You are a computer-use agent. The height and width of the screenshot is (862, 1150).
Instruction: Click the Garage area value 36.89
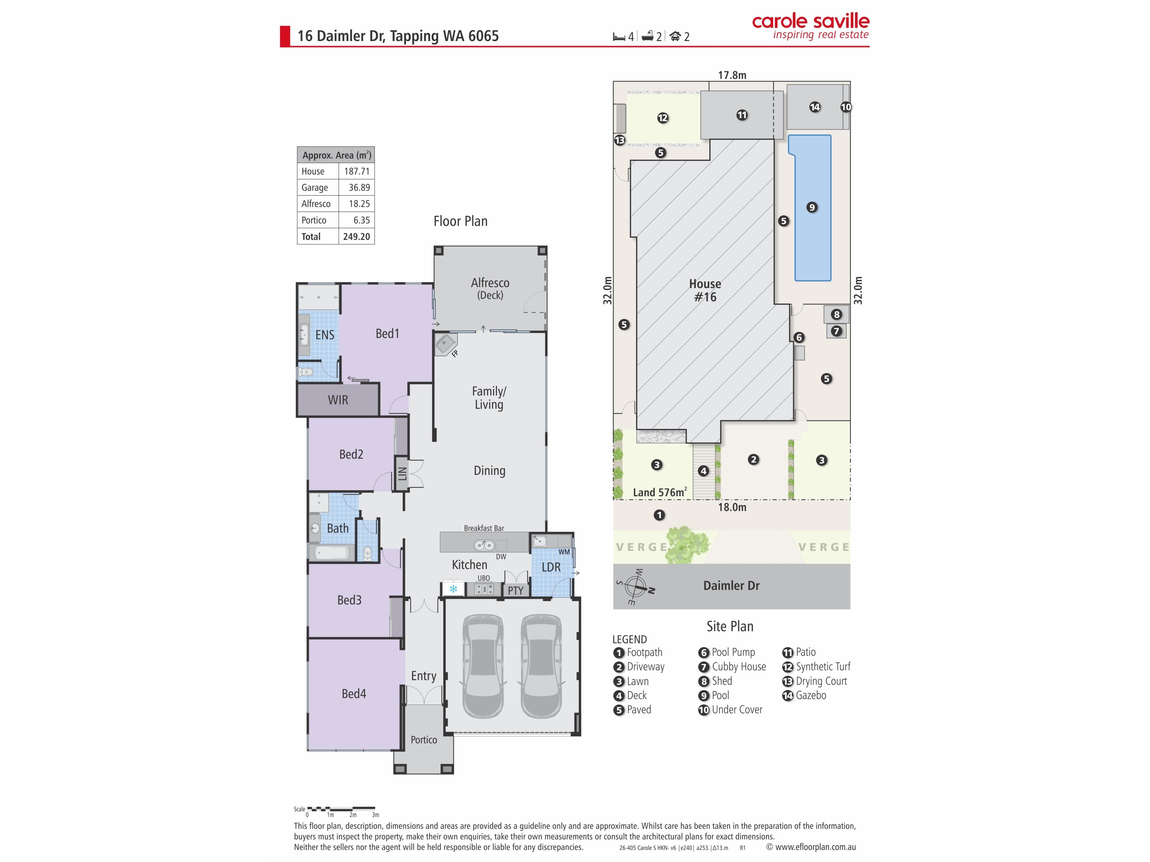[x=359, y=188]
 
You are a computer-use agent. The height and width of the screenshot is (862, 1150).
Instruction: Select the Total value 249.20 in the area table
[x=357, y=236]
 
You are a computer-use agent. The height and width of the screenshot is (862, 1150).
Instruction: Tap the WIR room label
[x=338, y=400]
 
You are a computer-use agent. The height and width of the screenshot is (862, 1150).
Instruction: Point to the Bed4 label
[x=354, y=694]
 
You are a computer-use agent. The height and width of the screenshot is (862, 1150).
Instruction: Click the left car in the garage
[x=483, y=666]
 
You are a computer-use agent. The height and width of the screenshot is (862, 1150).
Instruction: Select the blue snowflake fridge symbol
[x=453, y=589]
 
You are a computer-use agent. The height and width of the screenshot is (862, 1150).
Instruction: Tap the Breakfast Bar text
[x=484, y=528]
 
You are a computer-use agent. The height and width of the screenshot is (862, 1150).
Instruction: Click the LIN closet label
[x=402, y=473]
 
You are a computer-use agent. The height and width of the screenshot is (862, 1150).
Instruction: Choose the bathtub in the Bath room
[x=332, y=552]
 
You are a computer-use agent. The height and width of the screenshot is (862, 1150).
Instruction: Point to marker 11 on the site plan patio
[x=742, y=115]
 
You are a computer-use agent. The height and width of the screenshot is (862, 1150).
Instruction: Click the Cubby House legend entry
[x=732, y=667]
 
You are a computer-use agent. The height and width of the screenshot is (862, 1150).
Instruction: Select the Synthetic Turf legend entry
[x=816, y=667]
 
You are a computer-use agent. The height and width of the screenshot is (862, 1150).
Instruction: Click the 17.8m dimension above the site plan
[x=732, y=75]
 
